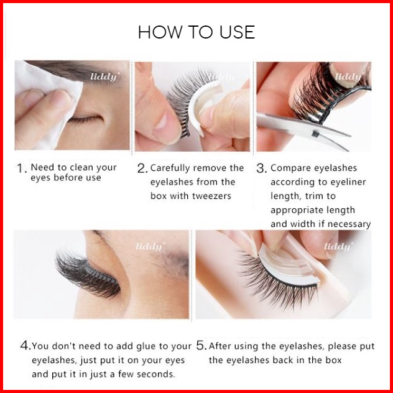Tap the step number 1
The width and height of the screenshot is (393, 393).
(x=22, y=168)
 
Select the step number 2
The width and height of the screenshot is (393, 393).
(x=142, y=169)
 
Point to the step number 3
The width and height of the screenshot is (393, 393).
(x=261, y=169)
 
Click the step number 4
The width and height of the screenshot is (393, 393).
(x=25, y=346)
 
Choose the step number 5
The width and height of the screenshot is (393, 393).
(x=201, y=346)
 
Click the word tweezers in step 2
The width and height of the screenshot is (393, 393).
(x=214, y=196)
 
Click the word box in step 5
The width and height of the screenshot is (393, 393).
(x=333, y=360)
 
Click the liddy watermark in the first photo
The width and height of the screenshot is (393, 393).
(x=104, y=77)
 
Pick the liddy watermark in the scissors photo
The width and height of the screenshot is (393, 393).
(x=349, y=76)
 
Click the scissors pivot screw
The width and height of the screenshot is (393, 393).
(x=315, y=134)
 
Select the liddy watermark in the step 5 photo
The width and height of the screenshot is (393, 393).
(x=338, y=247)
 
